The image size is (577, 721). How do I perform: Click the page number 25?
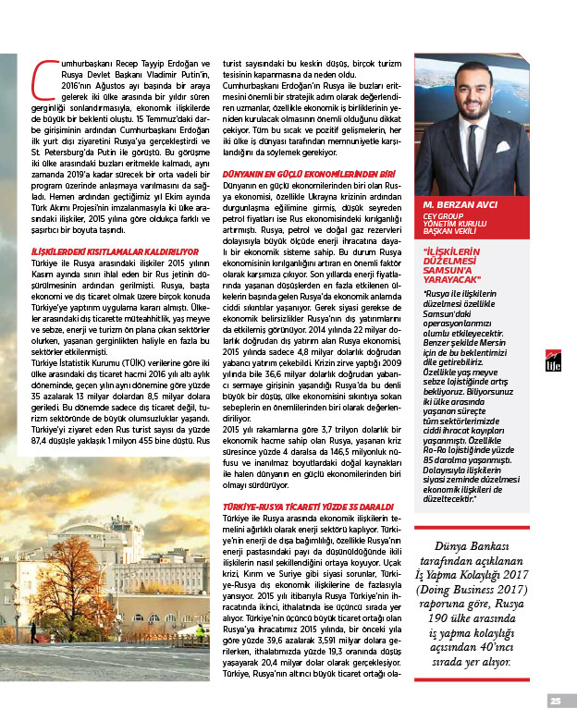coord(556,700)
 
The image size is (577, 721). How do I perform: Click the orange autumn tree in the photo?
coord(74,573)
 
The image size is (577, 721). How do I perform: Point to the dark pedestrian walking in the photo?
coord(34,631)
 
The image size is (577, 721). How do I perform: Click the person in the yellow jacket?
coord(199,630)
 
